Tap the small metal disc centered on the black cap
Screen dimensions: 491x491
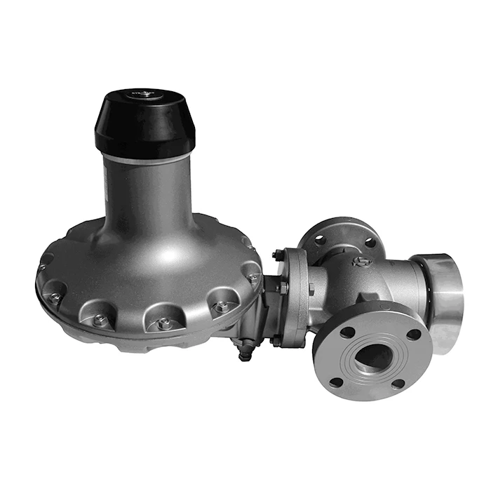(x=146, y=94)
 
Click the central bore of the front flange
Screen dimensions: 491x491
(x=372, y=357)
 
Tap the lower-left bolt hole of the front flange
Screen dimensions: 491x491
(x=336, y=382)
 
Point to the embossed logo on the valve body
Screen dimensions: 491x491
(x=363, y=262)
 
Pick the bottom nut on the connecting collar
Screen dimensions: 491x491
(x=277, y=339)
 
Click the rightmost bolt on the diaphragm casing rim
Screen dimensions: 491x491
(x=252, y=277)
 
